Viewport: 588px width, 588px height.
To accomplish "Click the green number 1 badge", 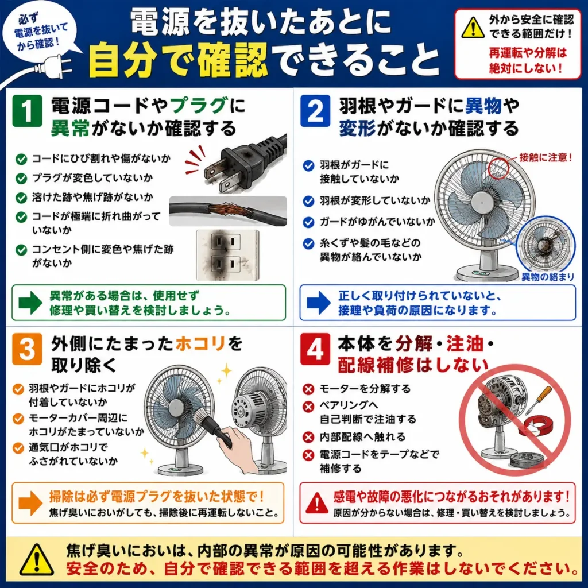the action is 27,111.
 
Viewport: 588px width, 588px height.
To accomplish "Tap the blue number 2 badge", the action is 315,111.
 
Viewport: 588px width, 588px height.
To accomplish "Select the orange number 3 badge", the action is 27,349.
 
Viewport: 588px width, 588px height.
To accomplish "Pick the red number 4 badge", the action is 315,349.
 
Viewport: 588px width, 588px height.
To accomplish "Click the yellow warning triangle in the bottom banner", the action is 37,560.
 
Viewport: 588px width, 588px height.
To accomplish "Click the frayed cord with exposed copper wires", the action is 228,211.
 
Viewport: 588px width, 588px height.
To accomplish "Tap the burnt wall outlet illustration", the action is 227,255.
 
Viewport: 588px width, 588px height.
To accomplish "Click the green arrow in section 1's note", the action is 30,302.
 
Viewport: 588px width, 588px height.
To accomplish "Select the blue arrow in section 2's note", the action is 319,302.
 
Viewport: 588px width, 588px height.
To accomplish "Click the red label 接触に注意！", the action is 546,157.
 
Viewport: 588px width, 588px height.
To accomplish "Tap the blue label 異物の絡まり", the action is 548,277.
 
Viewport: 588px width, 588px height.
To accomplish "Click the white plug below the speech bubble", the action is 52,68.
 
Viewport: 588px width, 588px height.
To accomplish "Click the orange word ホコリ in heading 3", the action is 200,343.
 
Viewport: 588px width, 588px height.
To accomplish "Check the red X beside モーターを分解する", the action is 308,389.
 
